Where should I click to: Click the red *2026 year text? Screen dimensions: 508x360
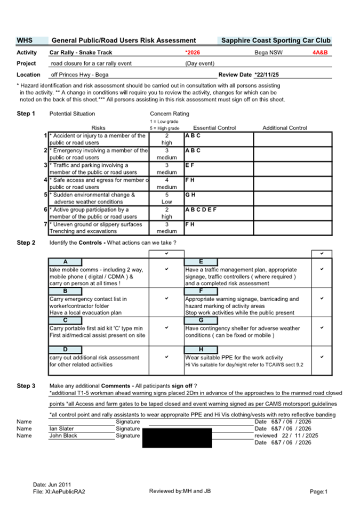[193, 53]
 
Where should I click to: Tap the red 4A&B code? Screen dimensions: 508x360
[320, 53]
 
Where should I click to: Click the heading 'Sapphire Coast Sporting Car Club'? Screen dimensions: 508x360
[276, 41]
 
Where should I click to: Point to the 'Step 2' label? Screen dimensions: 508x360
[26, 243]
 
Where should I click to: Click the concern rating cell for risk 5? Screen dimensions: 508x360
[166, 198]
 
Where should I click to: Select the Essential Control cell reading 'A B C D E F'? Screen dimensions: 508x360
[201, 209]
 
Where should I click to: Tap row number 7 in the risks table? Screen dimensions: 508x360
[46, 224]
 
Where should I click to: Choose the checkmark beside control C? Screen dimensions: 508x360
[166, 327]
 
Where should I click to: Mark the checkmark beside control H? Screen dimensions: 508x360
[322, 357]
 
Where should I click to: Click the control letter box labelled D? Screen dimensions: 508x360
[65, 350]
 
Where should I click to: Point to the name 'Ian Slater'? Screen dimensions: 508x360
[62, 429]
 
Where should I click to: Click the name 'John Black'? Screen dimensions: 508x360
[63, 436]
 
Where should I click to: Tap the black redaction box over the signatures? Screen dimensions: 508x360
[177, 437]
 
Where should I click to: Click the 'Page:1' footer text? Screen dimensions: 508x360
[318, 491]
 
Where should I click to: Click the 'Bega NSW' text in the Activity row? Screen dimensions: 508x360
[268, 53]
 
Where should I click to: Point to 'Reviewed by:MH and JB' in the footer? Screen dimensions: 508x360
[180, 491]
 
